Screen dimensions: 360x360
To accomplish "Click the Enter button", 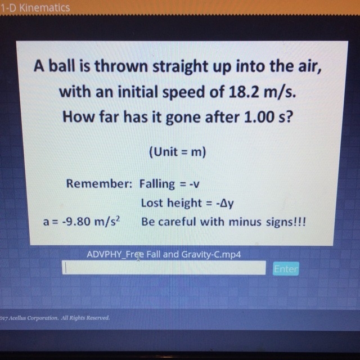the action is point(286,269).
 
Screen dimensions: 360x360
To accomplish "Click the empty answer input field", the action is point(164,268).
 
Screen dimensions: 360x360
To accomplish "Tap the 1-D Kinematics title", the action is point(35,8).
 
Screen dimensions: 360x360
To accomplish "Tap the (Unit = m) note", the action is point(178,152).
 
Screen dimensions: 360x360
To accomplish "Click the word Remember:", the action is point(99,184).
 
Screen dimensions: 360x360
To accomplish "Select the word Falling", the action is point(157,184).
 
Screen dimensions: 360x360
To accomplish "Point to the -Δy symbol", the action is point(225,204).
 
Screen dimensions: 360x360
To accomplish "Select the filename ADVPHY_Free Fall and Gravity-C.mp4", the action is point(164,254).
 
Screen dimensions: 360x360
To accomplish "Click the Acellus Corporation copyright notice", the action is point(55,318).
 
